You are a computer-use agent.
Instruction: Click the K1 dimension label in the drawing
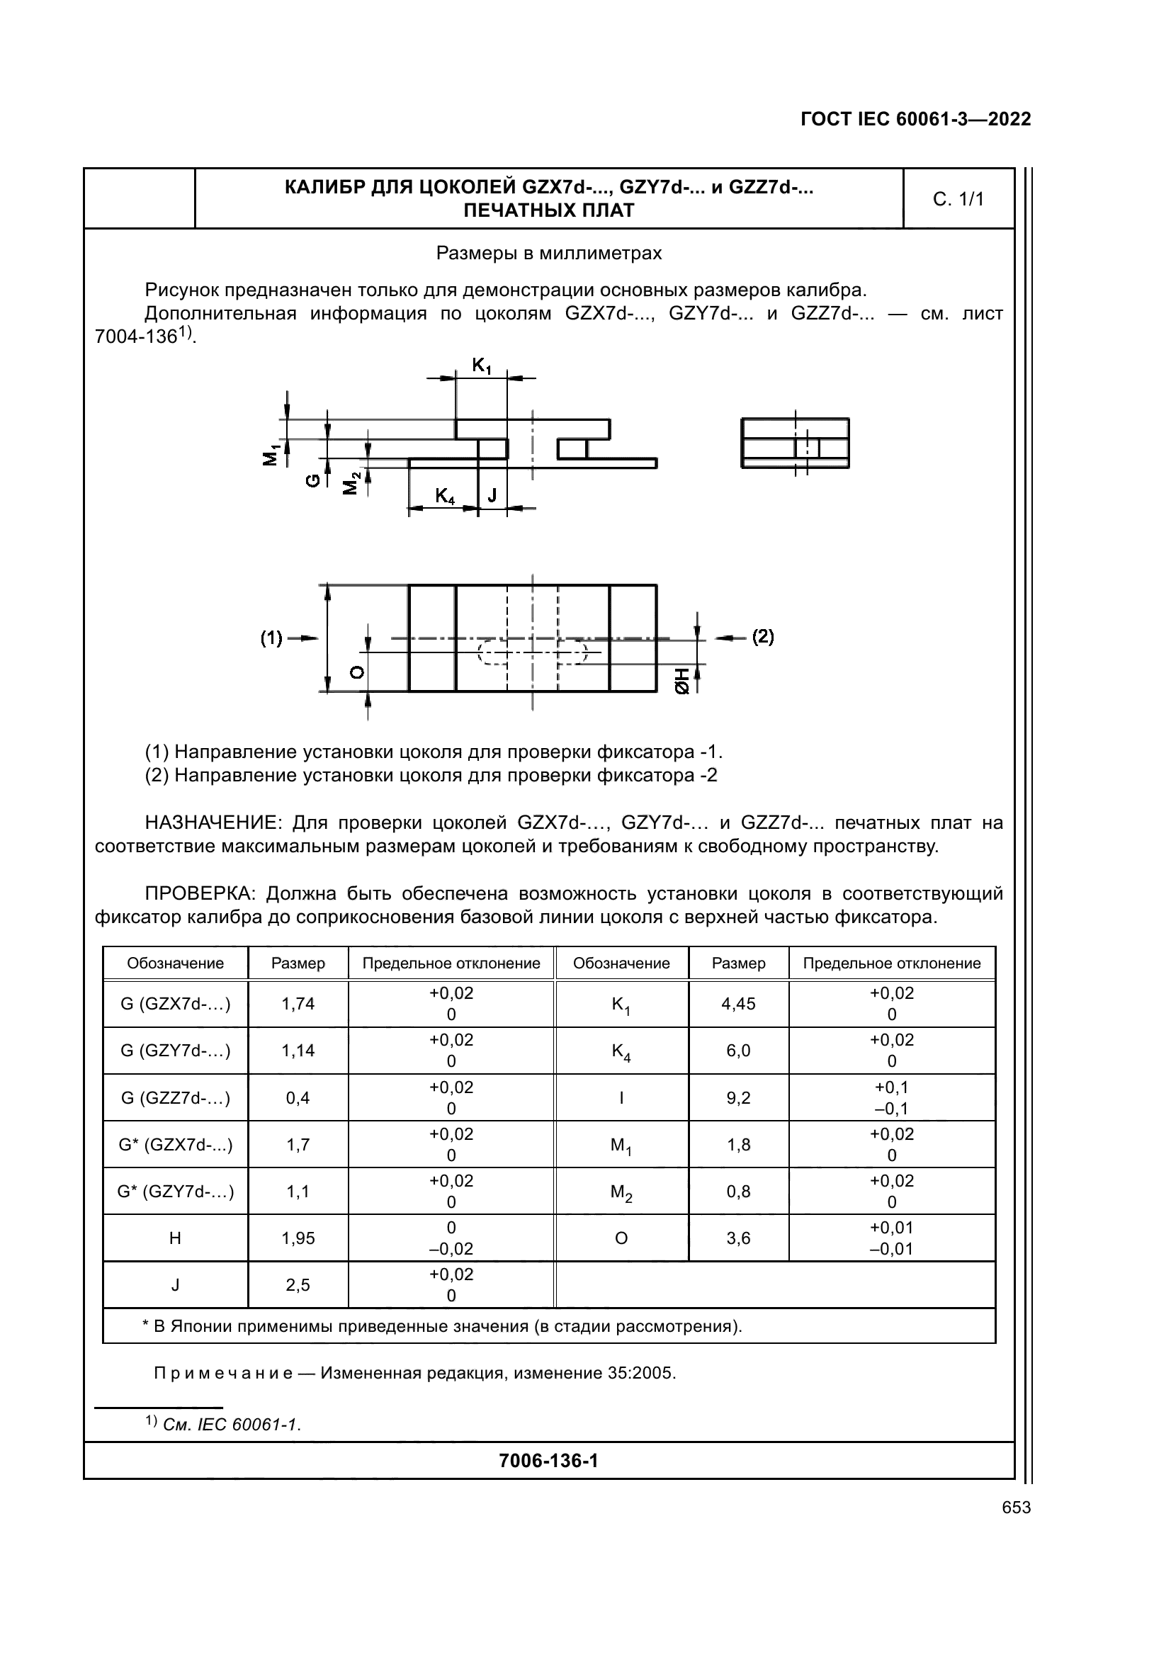pos(481,367)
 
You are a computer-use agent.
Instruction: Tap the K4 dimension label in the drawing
pos(445,496)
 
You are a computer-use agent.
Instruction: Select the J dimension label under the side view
pos(492,495)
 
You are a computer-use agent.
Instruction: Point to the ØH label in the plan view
pos(682,682)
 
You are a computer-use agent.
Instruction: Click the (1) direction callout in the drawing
pos(272,638)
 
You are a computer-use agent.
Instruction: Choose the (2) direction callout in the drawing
pos(763,637)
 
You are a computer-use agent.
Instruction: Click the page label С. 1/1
pos(958,199)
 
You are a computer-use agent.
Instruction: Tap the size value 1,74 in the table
pos(298,1004)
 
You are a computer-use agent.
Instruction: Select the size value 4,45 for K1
pos(738,1004)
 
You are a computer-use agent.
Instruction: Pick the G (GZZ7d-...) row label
pos(175,1097)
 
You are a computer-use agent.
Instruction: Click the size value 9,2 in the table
pos(738,1097)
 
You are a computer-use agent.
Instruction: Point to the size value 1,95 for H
pos(298,1238)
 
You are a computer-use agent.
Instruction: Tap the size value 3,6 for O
pos(738,1238)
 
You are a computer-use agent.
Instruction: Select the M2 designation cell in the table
pos(621,1192)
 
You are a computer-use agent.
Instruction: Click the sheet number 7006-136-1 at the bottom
pos(548,1461)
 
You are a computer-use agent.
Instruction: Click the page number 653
pos(1016,1508)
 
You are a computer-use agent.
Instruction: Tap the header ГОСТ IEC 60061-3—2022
pos(915,120)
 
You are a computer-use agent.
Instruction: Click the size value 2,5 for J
pos(298,1285)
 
